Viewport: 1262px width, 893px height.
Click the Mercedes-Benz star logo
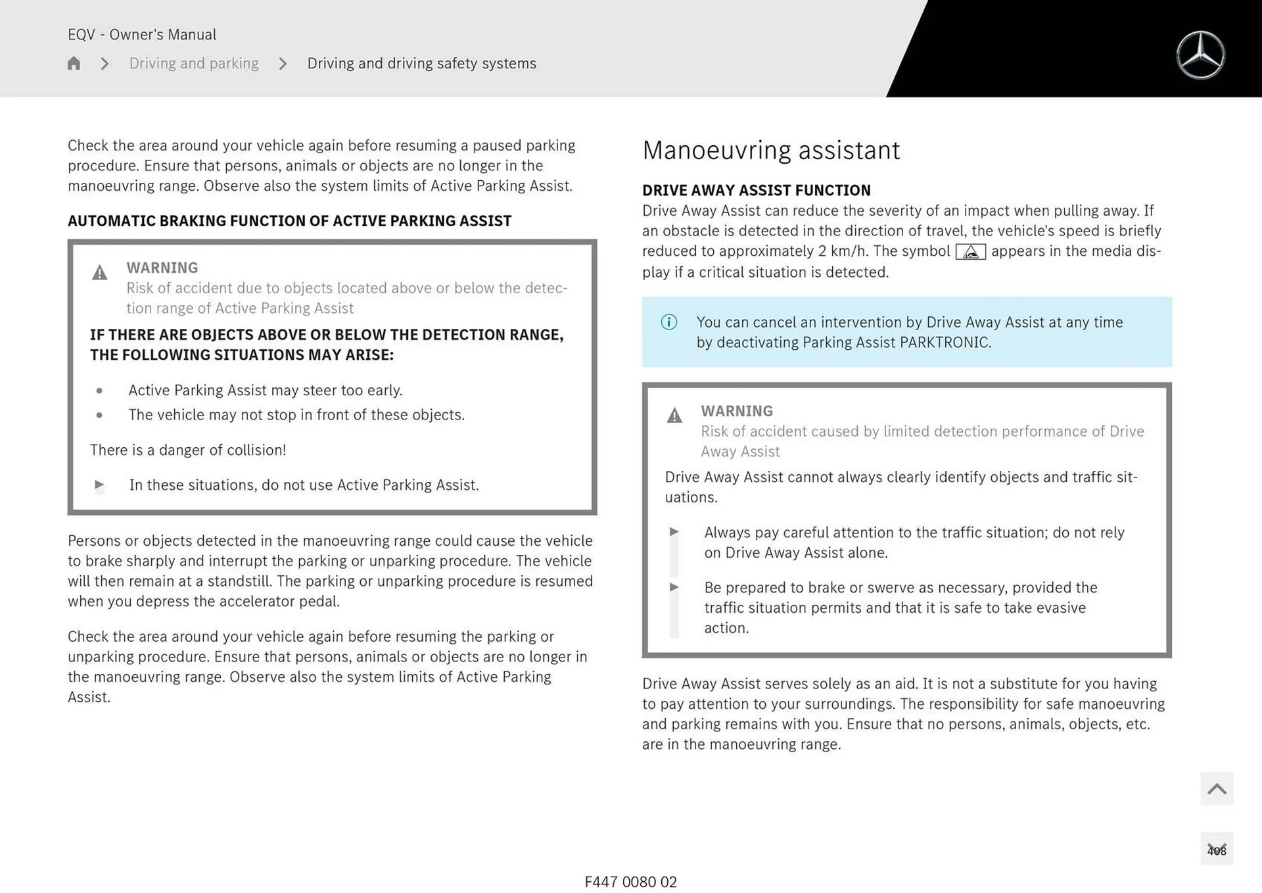tap(1200, 55)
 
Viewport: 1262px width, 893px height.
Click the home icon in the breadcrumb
tap(74, 63)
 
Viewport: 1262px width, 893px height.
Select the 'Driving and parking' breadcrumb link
tap(194, 63)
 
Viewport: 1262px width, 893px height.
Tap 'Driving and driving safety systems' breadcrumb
tap(421, 63)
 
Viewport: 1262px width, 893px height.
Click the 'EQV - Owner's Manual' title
tap(142, 34)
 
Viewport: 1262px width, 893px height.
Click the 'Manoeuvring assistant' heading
tap(770, 151)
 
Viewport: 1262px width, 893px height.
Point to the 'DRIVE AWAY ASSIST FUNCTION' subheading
tap(756, 190)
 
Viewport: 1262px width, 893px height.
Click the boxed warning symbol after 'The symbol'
tap(970, 252)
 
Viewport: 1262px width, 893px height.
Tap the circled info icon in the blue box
tap(668, 322)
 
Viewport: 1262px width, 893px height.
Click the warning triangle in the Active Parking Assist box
tap(99, 272)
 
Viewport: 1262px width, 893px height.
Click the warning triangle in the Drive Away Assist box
tap(674, 416)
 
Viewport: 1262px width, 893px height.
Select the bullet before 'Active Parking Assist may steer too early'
tap(99, 391)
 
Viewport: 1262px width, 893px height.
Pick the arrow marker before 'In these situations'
tap(99, 485)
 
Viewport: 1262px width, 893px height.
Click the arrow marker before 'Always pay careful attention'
tap(674, 532)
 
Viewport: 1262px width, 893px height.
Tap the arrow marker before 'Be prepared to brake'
tap(674, 587)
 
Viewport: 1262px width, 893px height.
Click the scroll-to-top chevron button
tap(1216, 788)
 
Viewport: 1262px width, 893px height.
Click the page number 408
tap(1216, 850)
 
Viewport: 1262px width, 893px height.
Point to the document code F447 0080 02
tap(630, 882)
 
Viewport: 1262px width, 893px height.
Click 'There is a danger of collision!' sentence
tap(188, 450)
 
